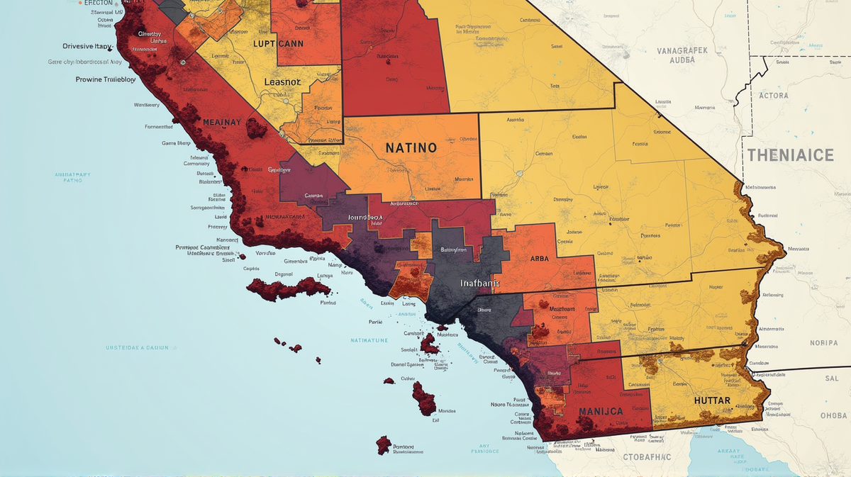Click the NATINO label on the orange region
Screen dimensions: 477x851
(x=411, y=149)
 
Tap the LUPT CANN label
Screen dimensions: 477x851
(x=278, y=43)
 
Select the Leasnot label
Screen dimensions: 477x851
(x=282, y=82)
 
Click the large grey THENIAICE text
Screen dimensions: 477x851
(x=790, y=155)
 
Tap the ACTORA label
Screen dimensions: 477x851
(x=773, y=96)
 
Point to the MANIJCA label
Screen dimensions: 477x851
(x=601, y=411)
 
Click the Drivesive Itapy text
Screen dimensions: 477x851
(x=87, y=46)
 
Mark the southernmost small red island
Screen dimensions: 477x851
(x=384, y=444)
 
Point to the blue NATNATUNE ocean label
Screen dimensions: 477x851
(x=369, y=340)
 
